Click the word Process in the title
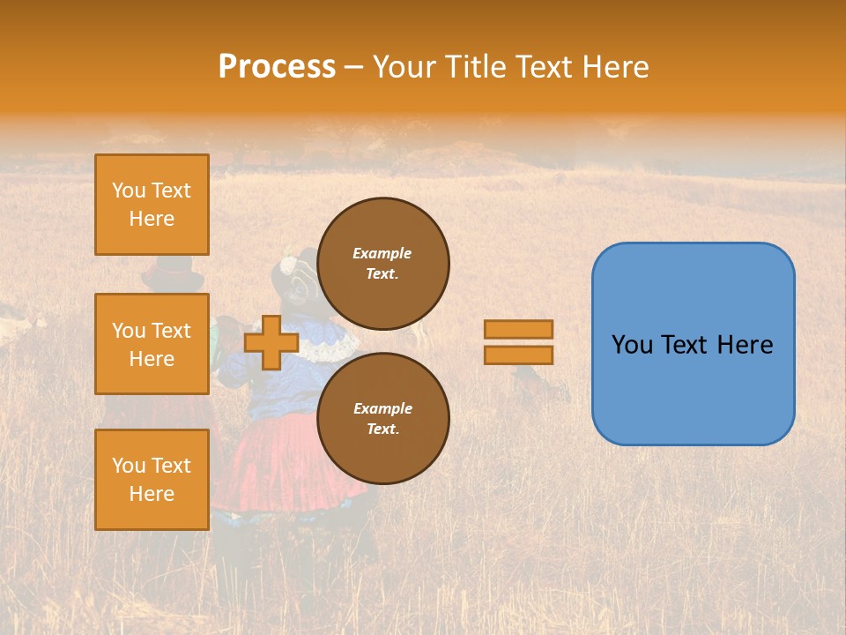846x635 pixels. coord(277,67)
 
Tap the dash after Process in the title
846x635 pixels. coord(354,68)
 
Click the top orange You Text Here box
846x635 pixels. coord(152,205)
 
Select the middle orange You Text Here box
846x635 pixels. coord(152,344)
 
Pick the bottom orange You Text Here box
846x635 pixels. coord(152,479)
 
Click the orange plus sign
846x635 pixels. coord(271,342)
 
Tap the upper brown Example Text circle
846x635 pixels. coord(382,263)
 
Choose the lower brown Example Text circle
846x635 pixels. coord(382,418)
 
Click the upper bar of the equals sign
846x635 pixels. coord(518,329)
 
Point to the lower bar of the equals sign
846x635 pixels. coord(518,355)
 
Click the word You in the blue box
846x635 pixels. coord(631,345)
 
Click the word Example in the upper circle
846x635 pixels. coord(382,253)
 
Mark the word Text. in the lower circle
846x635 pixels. coord(382,429)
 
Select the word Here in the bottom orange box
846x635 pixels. coord(152,494)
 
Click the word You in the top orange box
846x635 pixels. coord(128,190)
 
